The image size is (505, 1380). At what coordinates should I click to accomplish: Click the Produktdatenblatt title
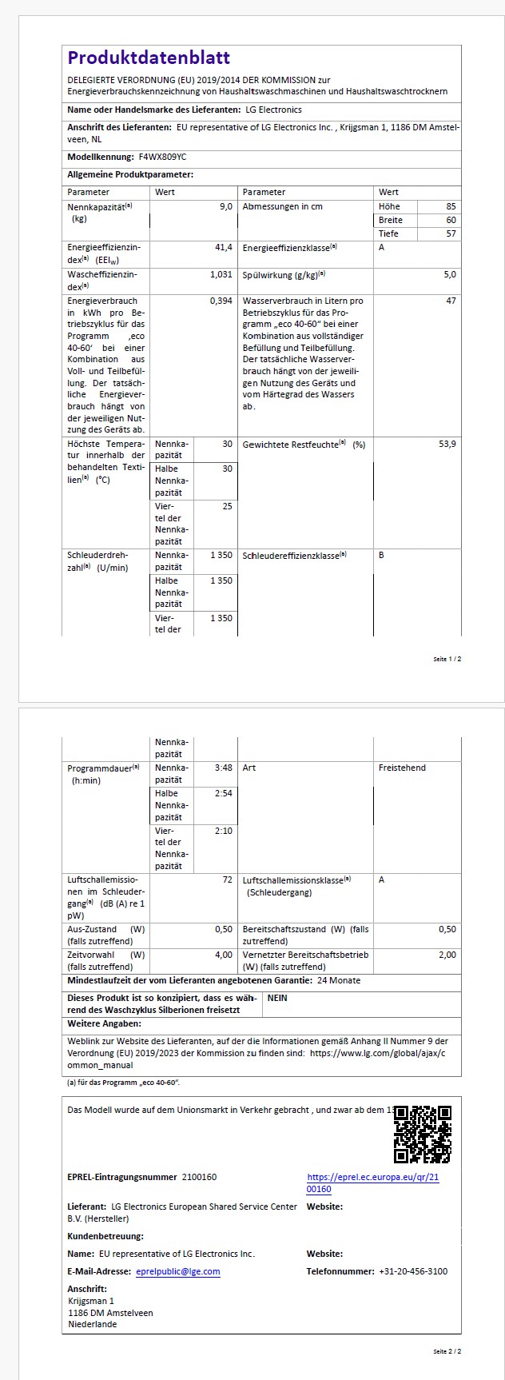pos(149,58)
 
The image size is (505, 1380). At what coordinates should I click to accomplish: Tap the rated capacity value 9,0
pos(226,206)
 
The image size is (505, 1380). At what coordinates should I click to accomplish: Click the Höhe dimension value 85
pos(451,206)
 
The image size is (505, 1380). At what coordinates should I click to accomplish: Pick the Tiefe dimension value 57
pos(451,233)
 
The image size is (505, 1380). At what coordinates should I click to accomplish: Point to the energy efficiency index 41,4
pos(224,248)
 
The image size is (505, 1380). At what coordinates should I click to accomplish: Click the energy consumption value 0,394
pos(221,301)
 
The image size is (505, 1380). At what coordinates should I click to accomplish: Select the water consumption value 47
pos(451,301)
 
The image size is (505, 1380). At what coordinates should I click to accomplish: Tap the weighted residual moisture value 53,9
pos(447,444)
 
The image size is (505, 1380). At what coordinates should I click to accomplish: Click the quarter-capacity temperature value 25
pos(228,506)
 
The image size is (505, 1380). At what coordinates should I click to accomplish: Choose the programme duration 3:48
pos(224,768)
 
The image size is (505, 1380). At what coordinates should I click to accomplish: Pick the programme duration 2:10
pos(224,831)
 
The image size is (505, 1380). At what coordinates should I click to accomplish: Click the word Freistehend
pos(402,768)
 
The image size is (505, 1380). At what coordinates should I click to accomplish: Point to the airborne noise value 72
pos(228,879)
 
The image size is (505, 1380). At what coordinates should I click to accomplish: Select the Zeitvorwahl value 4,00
pos(224,955)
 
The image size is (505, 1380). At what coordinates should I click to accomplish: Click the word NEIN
pos(277,998)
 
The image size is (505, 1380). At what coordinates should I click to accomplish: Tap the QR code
pos(423,1134)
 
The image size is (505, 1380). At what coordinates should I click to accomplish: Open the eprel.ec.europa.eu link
pos(372,1183)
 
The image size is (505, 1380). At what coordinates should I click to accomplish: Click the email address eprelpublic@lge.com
pos(178,1271)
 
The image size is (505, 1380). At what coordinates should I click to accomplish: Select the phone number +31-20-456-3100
pos(413,1271)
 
